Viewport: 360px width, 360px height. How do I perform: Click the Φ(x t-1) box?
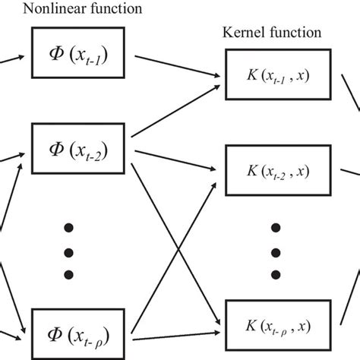tap(81, 52)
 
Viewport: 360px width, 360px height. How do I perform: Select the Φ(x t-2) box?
tap(81, 141)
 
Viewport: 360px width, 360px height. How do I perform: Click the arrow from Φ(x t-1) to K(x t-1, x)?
tap(178, 65)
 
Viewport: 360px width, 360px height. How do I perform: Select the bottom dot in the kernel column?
tap(276, 273)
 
